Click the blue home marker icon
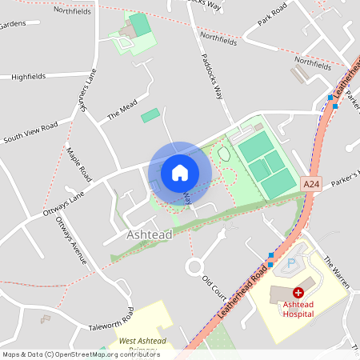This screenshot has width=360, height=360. (180, 172)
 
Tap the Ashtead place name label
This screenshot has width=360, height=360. (149, 235)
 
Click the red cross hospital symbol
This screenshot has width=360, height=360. (298, 294)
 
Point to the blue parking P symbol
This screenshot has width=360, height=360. (291, 262)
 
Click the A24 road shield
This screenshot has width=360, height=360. (312, 185)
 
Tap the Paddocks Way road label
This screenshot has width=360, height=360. (212, 77)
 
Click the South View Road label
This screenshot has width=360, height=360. (30, 131)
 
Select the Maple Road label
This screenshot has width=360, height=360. (79, 163)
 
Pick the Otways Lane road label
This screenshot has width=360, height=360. (64, 203)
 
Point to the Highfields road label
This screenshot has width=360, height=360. (29, 77)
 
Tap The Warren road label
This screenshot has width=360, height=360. (338, 273)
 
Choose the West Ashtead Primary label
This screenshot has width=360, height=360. (142, 346)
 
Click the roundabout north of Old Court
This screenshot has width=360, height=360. (194, 266)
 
